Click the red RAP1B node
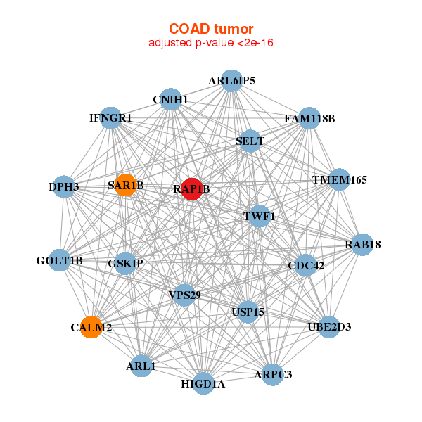pos(192,188)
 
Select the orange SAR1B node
pos(126,185)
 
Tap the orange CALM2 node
pos(91,327)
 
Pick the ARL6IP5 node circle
pos(231,81)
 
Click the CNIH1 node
pos(171,99)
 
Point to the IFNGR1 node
pos(111,117)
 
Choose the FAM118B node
pos(309,118)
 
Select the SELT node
pos(250,141)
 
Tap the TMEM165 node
pos(339,179)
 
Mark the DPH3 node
pos(64,186)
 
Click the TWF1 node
pos(259,216)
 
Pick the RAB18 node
pos(362,245)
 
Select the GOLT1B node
pos(60,261)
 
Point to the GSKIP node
pos(126,264)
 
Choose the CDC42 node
pos(307,265)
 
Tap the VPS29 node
pos(184,295)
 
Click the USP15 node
pos(247,311)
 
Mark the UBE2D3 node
pos(329,327)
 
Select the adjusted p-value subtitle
pos(210,43)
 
